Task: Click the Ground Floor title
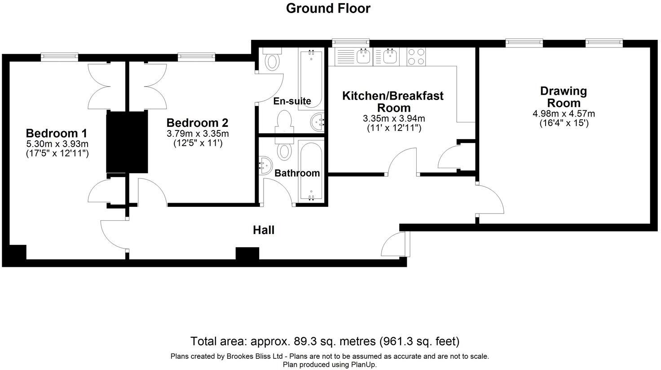click(x=328, y=9)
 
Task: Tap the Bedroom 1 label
click(x=56, y=133)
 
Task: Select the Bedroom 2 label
click(x=197, y=122)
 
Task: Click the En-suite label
click(x=292, y=101)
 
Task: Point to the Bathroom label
click(x=297, y=173)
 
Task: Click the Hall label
click(x=264, y=230)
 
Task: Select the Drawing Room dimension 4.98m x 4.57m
click(x=564, y=114)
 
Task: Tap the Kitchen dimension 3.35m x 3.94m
click(x=393, y=119)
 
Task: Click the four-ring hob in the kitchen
click(x=416, y=57)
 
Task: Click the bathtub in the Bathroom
click(x=311, y=172)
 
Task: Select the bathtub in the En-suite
click(x=310, y=78)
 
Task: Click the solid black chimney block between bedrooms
click(x=127, y=142)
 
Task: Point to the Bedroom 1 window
click(x=59, y=57)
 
